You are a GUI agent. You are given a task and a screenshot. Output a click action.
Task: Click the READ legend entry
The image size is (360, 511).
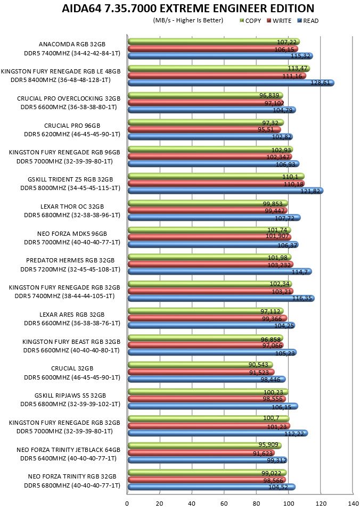coord(308,21)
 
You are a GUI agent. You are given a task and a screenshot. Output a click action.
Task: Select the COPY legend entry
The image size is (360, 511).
coord(250,21)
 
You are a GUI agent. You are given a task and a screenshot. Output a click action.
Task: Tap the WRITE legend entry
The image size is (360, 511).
coord(279,21)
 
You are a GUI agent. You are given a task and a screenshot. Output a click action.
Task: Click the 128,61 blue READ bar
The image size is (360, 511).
coord(231,83)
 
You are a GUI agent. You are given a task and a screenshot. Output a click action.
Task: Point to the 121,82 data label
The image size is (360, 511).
coord(310,191)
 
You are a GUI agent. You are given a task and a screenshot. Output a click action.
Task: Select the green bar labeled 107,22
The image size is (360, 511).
coord(214,42)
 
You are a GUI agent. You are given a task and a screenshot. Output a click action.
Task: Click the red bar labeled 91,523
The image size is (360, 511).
coord(201,372)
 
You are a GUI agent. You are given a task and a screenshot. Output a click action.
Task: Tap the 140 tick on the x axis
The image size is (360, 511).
coord(353,504)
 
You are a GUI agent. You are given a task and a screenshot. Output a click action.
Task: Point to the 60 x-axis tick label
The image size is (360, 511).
coord(224,504)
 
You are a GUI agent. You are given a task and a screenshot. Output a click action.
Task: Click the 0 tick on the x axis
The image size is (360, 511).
coord(127,504)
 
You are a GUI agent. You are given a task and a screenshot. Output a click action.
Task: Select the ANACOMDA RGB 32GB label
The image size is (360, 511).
coord(72,44)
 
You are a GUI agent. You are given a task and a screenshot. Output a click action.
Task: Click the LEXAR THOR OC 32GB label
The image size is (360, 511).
coord(72,207)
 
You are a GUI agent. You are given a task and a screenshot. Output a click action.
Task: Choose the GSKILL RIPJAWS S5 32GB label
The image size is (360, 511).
coord(70,395)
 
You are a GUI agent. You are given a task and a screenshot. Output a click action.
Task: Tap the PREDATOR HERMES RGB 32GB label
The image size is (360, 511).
coord(70,260)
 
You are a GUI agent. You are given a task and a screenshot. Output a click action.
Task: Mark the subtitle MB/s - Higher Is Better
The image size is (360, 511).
coord(188,20)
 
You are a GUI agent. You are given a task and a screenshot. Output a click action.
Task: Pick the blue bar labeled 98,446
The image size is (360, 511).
coord(207,380)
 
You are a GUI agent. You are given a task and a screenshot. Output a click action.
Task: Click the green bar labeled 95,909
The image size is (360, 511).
coord(204,446)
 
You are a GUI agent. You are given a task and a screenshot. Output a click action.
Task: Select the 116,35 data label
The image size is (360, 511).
coord(302,298)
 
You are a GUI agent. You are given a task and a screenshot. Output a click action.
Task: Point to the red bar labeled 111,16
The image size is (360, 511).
coord(217,76)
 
